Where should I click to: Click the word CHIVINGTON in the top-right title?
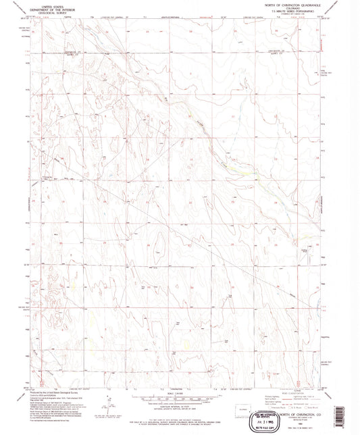point(294,5)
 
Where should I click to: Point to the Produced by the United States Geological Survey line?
point(54,391)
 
